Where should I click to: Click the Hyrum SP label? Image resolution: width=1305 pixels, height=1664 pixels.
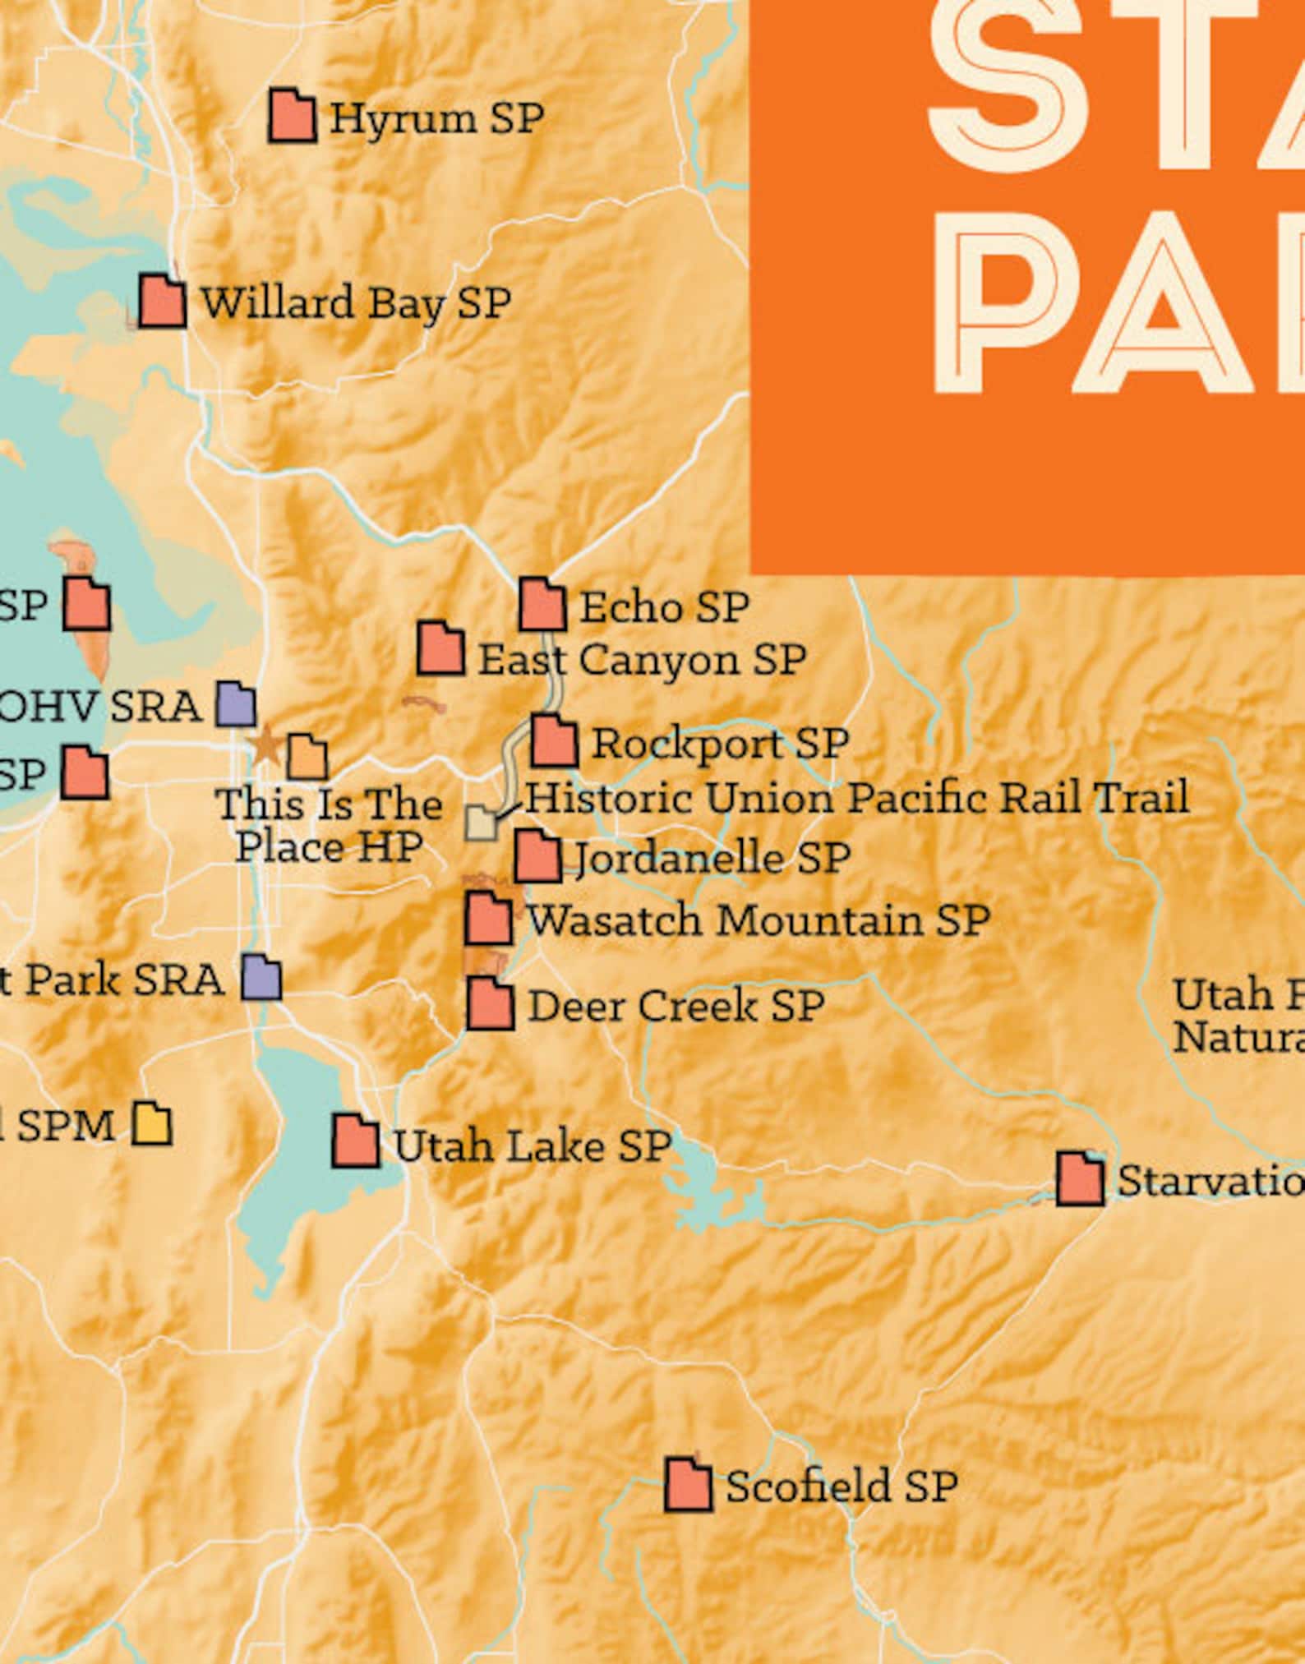coord(436,118)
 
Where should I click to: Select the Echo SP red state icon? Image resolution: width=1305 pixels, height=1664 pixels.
coord(542,605)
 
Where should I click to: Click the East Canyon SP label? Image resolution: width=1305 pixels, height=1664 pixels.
coord(642,660)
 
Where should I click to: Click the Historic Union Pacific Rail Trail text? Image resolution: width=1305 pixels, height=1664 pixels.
coord(856,798)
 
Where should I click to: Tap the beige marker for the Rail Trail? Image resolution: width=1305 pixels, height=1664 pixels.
coord(482,822)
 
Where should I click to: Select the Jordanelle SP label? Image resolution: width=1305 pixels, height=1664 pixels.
coord(712,858)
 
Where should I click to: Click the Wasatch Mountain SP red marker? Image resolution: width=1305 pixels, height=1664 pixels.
coord(488,918)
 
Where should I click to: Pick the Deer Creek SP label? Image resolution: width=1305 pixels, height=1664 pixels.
coord(676,1006)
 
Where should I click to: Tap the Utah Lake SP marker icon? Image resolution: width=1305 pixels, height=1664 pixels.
coord(356,1141)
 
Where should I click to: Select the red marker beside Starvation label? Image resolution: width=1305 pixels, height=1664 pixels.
coord(1080,1178)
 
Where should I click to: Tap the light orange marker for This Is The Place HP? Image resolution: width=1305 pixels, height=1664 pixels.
coord(307,757)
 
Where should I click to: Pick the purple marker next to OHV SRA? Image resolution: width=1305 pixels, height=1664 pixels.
coord(236,704)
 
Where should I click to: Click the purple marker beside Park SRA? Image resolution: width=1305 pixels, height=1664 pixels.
coord(261,977)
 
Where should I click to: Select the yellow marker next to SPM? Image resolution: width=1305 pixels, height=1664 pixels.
coord(152,1123)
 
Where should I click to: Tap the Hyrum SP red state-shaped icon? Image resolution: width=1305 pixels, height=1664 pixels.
coord(292,116)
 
